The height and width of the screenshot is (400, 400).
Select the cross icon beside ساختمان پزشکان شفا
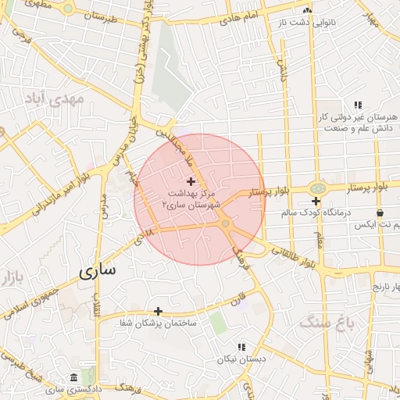tap(158, 311)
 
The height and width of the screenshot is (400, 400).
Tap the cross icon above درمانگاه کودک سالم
tap(316, 201)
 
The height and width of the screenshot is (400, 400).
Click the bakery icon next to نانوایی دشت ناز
tap(307, 10)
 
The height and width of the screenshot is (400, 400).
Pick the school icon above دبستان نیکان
tap(241, 346)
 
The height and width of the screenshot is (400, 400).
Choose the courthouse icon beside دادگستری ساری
tap(73, 377)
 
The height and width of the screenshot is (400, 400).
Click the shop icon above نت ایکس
tap(380, 212)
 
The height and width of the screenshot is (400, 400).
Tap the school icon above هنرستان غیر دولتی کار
tap(358, 105)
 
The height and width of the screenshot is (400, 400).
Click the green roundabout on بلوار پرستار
tap(316, 188)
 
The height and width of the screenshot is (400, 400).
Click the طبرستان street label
tap(99, 15)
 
